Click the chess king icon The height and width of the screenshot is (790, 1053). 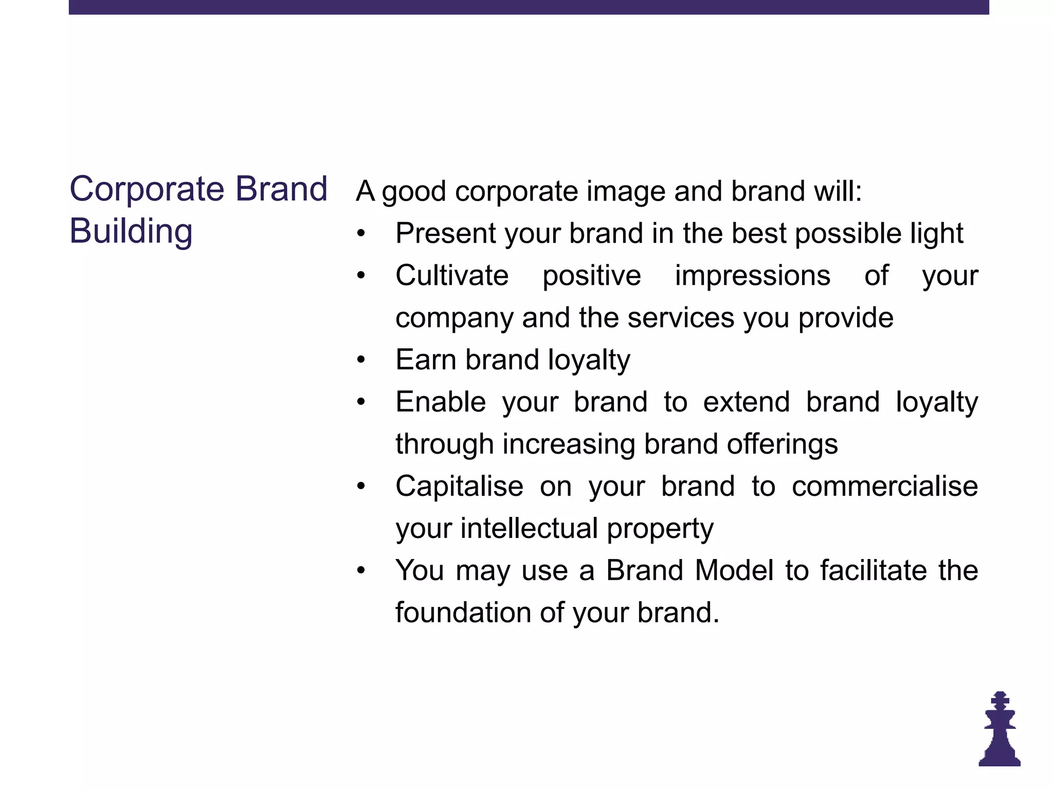1000,730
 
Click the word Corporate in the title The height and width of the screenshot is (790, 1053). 147,189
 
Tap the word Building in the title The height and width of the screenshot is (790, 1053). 131,231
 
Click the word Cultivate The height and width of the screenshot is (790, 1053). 452,276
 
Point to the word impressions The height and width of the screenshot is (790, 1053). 752,276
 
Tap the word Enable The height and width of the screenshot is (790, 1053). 441,402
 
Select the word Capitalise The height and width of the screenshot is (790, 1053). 459,486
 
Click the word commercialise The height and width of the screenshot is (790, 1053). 884,486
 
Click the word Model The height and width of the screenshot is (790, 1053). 734,570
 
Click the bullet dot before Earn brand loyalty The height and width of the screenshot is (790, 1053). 361,360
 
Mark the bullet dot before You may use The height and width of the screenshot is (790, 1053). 361,570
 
